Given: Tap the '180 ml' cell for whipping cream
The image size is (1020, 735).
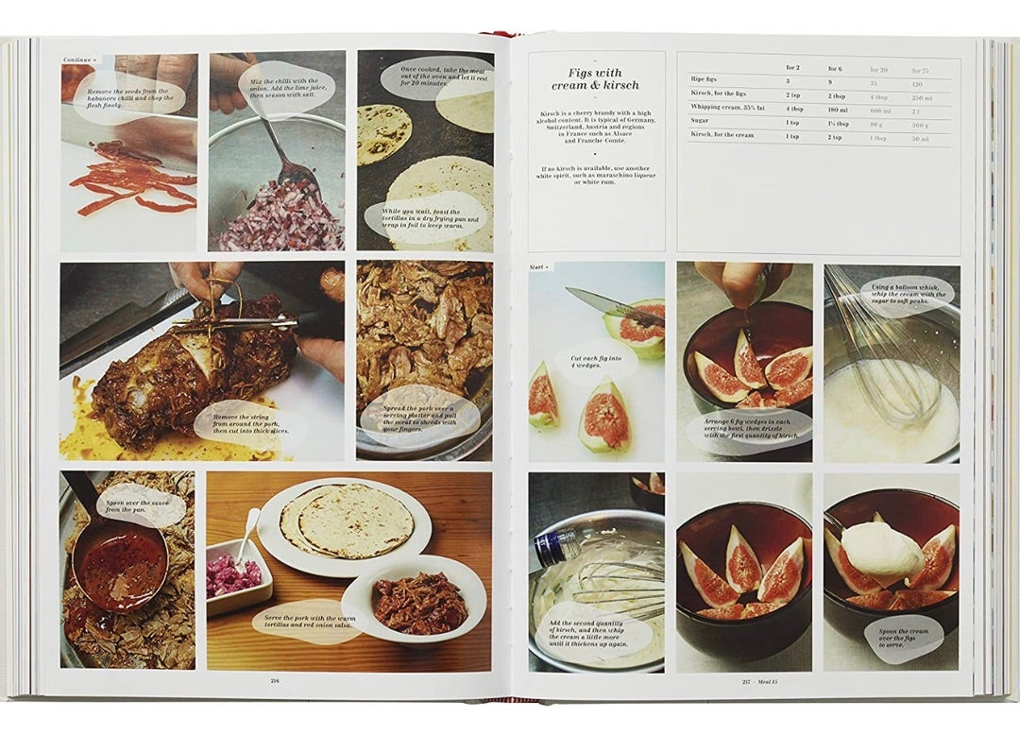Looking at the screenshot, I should click(x=840, y=108).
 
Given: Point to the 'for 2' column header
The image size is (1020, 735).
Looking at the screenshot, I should click(x=794, y=68).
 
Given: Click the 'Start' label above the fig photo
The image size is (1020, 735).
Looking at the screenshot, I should click(x=538, y=267).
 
